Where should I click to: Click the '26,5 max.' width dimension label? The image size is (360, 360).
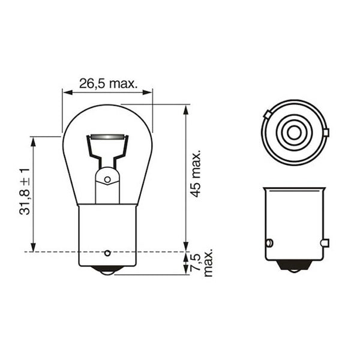point(108,83)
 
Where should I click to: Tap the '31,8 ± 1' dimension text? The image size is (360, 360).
point(24,191)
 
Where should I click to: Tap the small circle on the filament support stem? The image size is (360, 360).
point(107,179)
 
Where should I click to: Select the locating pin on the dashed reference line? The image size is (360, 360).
point(108,252)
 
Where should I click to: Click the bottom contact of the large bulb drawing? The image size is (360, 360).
point(108,271)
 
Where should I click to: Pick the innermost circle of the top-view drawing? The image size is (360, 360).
point(293,131)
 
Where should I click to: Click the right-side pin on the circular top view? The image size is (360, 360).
point(326,131)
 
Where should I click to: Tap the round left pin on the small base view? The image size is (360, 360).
point(269,243)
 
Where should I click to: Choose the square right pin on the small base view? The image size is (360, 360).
point(325,243)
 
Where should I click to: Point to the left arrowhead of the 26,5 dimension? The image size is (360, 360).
point(67,92)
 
